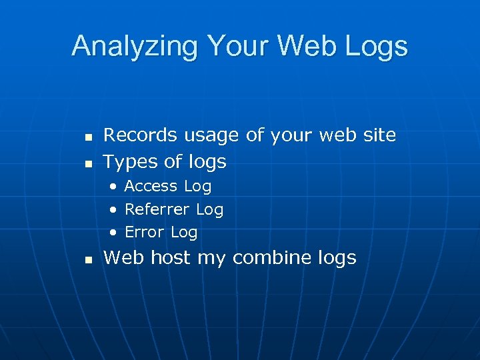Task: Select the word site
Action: point(379,135)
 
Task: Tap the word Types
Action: point(130,162)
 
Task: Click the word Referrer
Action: point(157,209)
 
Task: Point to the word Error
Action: point(144,232)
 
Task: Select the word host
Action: point(171,257)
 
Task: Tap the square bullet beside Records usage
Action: point(87,137)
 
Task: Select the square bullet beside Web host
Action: point(87,259)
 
